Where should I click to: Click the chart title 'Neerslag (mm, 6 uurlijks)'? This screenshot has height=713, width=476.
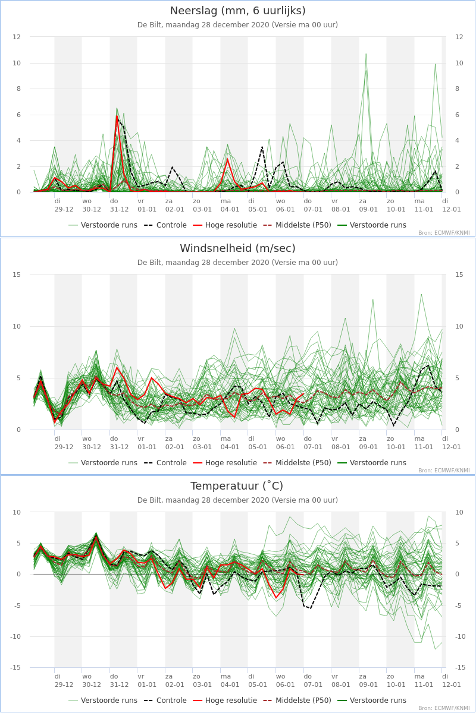pyautogui.click(x=238, y=11)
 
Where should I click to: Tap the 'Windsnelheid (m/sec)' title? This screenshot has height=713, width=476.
pyautogui.click(x=238, y=248)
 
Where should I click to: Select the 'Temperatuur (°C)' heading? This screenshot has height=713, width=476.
pyautogui.click(x=237, y=486)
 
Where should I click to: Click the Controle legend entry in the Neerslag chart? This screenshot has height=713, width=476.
pyautogui.click(x=165, y=225)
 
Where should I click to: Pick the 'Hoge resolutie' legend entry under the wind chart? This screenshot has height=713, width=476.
pyautogui.click(x=225, y=463)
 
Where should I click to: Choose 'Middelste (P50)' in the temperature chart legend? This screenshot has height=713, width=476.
pyautogui.click(x=297, y=701)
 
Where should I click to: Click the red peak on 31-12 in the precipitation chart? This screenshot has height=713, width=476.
pyautogui.click(x=117, y=116)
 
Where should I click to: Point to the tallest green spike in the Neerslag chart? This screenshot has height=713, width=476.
pyautogui.click(x=366, y=54)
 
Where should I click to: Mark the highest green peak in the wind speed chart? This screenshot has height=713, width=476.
pyautogui.click(x=421, y=295)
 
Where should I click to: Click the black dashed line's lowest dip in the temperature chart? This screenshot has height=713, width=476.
pyautogui.click(x=310, y=608)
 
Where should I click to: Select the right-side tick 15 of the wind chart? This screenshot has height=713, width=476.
pyautogui.click(x=459, y=275)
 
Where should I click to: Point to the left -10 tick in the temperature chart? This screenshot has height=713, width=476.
pyautogui.click(x=15, y=636)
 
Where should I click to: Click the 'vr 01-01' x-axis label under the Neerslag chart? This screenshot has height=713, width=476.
pyautogui.click(x=147, y=206)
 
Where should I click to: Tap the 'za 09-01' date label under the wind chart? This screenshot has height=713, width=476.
pyautogui.click(x=368, y=443)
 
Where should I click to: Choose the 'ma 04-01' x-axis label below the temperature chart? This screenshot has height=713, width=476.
pyautogui.click(x=230, y=680)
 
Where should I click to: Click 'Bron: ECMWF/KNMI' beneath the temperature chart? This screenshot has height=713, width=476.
pyautogui.click(x=444, y=708)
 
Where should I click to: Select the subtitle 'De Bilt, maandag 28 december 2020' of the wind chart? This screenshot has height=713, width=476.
pyautogui.click(x=203, y=263)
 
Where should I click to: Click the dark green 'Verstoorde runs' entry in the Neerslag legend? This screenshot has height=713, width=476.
pyautogui.click(x=372, y=225)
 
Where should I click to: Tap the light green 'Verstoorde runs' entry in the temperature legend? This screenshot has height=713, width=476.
pyautogui.click(x=103, y=701)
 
